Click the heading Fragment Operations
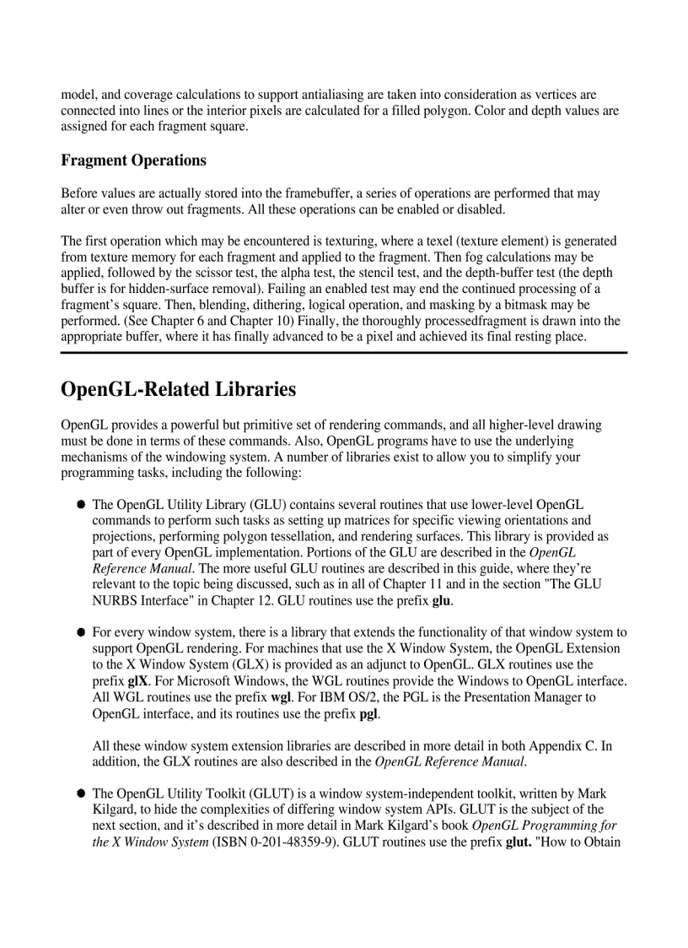[133, 160]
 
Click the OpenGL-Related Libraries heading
[179, 389]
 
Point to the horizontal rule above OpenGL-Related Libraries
[344, 353]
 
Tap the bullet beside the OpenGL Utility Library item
[82, 504]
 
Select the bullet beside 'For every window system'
[82, 632]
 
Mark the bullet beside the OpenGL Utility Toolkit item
[82, 794]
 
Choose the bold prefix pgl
[365, 712]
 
